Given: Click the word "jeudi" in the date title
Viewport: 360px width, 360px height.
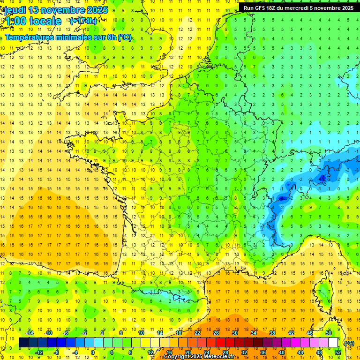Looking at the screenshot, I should [x=14, y=10].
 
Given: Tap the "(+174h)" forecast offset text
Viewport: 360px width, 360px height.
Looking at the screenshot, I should [x=83, y=21].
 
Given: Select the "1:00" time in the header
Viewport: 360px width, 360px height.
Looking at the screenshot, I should [x=15, y=21].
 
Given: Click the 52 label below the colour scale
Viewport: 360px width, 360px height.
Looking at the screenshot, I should [x=338, y=352].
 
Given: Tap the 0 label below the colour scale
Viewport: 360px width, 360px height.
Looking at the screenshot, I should [x=93, y=352].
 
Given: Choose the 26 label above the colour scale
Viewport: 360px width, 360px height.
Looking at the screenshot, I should [x=216, y=333].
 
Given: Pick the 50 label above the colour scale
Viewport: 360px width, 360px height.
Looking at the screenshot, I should [x=328, y=333].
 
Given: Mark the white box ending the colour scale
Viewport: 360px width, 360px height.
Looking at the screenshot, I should [x=333, y=343].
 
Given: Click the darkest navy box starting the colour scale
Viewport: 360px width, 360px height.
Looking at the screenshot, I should [x=24, y=343].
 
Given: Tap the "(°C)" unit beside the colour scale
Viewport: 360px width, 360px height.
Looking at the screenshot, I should [x=349, y=343].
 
